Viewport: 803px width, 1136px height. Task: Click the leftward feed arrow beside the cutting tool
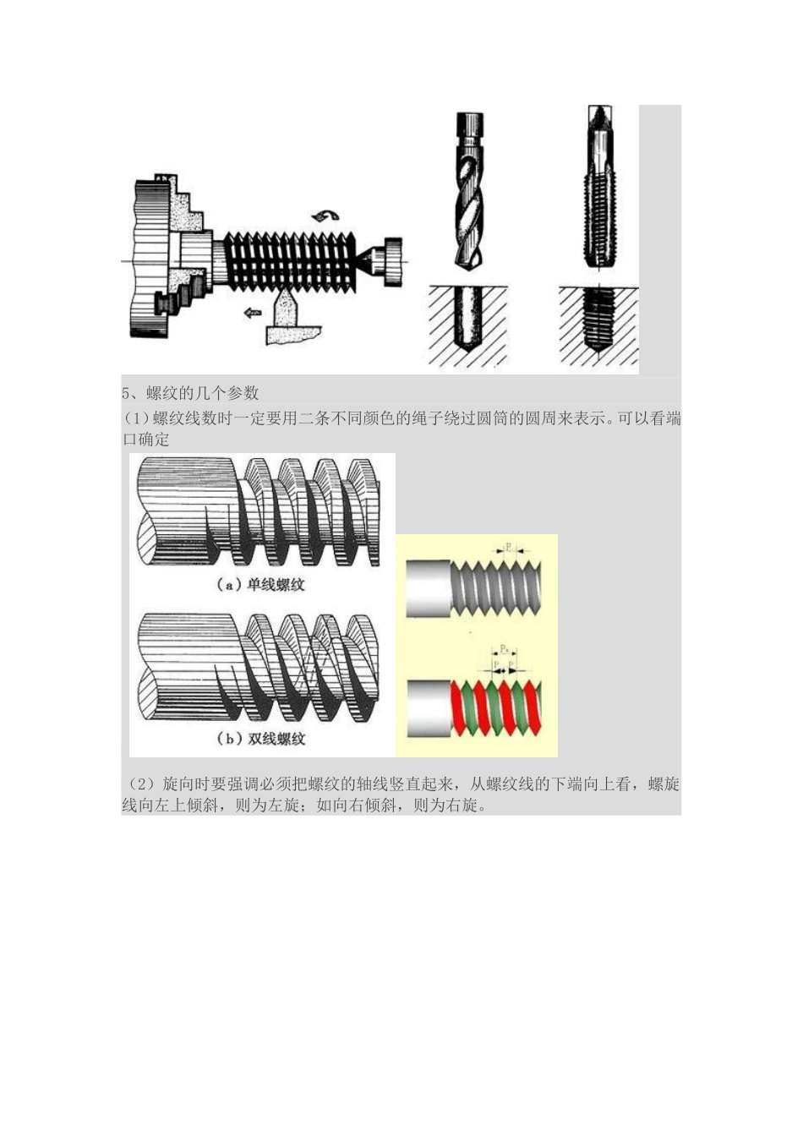pos(252,313)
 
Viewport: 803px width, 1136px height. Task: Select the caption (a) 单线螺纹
pos(259,585)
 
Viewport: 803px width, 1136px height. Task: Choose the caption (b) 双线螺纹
pos(260,739)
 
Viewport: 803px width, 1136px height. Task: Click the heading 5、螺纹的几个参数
pos(191,393)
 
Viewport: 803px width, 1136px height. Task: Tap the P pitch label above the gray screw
pos(508,547)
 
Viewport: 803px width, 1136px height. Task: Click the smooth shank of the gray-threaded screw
pos(429,588)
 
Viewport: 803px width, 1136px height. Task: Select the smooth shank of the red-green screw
pos(429,709)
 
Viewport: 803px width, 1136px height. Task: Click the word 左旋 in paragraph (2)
pos(283,805)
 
